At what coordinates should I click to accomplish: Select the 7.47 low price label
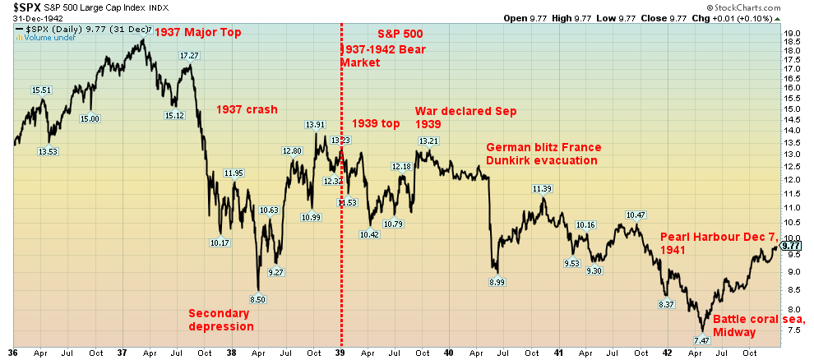(x=701, y=340)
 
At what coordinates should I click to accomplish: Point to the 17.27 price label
(x=190, y=56)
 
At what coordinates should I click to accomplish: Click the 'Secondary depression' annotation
(x=221, y=319)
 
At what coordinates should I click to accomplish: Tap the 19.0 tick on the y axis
(x=793, y=34)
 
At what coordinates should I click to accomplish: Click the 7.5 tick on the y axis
(x=793, y=330)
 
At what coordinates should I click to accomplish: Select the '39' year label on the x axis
(x=340, y=352)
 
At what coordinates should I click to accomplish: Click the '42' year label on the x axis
(x=668, y=352)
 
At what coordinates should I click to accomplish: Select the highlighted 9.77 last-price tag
(x=791, y=245)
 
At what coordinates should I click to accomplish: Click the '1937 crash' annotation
(x=247, y=109)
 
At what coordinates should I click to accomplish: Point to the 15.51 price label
(x=42, y=90)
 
